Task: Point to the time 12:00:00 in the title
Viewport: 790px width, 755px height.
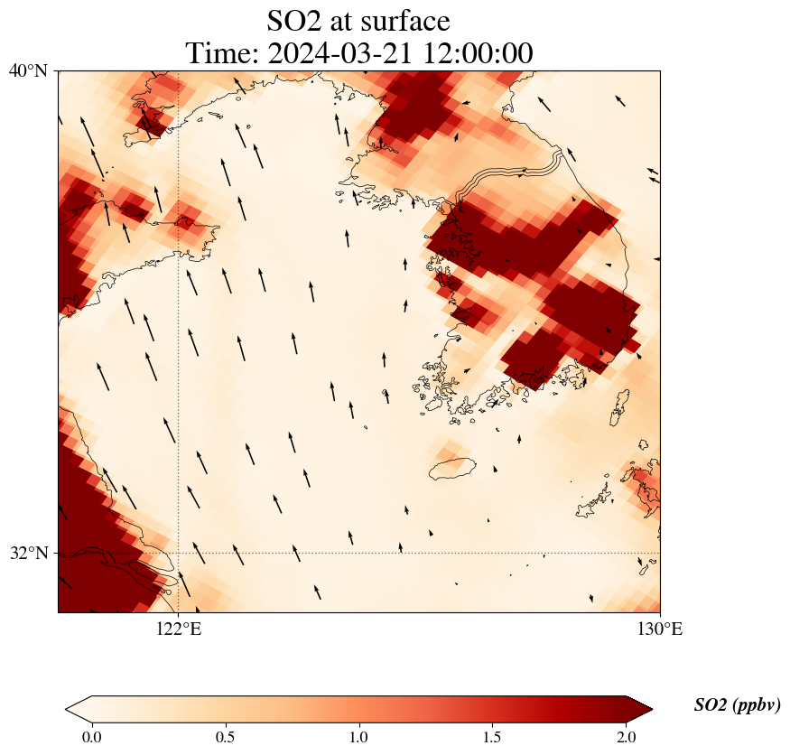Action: coord(476,53)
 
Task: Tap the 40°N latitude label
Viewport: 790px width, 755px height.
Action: coord(30,70)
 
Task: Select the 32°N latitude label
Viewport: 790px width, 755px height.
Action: coord(30,553)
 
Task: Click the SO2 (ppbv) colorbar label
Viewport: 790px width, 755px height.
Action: coord(737,705)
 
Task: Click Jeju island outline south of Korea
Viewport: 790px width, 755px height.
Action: coord(452,468)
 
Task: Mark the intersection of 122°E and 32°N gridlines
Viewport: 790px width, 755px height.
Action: coord(179,553)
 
